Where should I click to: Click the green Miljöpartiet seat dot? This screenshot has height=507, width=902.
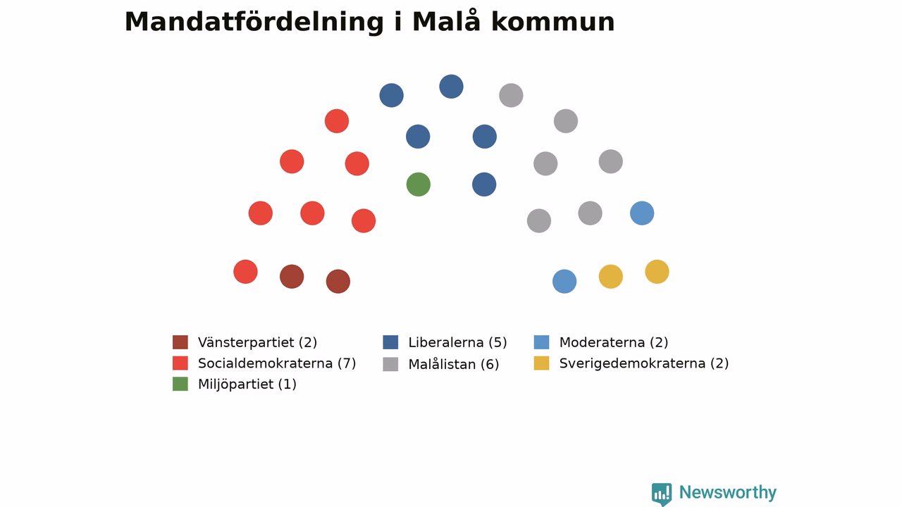click(419, 184)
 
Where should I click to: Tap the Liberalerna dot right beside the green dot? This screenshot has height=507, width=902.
click(484, 184)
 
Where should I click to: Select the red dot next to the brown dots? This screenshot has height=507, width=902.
click(246, 272)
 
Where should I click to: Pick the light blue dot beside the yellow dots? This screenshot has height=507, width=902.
click(564, 281)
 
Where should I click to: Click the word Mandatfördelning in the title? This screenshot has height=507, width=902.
click(254, 22)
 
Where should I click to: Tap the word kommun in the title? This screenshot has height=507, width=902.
click(553, 22)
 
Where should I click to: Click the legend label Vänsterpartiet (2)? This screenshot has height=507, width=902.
click(258, 342)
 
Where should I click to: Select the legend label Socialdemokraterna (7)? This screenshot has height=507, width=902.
click(277, 363)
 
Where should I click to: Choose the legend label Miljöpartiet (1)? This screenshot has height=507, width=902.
click(247, 384)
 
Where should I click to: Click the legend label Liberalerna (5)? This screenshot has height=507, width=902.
click(457, 342)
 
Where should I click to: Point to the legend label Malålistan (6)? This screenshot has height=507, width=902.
click(453, 364)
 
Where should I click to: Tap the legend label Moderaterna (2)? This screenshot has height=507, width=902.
click(614, 342)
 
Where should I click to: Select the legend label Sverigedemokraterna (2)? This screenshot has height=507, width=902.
click(644, 363)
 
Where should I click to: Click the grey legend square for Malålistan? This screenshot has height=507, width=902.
click(390, 364)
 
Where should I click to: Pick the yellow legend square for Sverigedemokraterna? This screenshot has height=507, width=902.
click(542, 363)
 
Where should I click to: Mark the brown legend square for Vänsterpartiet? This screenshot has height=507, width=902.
click(180, 342)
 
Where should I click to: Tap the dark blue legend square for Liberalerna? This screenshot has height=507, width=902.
click(390, 342)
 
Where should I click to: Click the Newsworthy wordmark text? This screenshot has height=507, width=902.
click(728, 492)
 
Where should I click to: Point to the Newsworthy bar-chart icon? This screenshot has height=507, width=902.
click(662, 494)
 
